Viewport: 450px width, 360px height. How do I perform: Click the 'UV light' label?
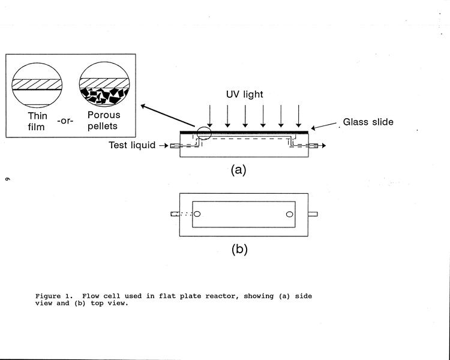(244, 95)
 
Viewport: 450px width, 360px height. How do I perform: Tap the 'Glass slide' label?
(368, 122)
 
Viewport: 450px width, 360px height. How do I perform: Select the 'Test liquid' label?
(132, 145)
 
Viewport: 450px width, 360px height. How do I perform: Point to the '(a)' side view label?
(239, 170)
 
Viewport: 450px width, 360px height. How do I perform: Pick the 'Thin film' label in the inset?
(38, 119)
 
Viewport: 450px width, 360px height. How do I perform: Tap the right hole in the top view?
(289, 214)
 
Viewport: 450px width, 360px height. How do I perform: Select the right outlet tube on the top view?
(313, 214)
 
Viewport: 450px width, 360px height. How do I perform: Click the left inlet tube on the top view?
(175, 214)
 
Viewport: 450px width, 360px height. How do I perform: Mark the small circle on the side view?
(203, 135)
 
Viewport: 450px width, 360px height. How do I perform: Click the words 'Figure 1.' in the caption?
(52, 296)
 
